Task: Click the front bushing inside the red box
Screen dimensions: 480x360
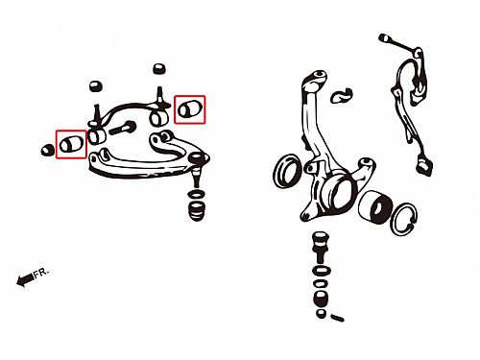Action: click(x=71, y=145)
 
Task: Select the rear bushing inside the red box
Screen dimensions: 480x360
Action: click(x=189, y=108)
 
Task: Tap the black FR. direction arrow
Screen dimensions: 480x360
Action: click(x=25, y=279)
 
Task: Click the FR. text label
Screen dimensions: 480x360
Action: click(x=41, y=273)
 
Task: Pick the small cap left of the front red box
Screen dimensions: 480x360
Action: click(x=48, y=150)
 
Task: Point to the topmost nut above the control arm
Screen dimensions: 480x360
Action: click(x=159, y=69)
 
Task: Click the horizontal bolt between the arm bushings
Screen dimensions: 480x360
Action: click(x=122, y=128)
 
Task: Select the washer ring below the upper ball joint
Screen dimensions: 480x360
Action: click(x=197, y=194)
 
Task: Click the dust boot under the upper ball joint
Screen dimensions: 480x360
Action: click(x=197, y=210)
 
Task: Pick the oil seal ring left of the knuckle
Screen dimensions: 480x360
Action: click(x=287, y=171)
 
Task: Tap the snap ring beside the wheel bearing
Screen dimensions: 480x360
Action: click(x=404, y=220)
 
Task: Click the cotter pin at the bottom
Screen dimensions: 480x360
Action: click(x=337, y=318)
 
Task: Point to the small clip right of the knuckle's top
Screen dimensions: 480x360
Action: click(x=342, y=95)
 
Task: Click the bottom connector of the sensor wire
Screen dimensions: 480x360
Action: click(x=424, y=167)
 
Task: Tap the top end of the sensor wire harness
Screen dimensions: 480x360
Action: click(x=384, y=38)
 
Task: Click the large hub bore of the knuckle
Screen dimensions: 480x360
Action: click(x=340, y=193)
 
